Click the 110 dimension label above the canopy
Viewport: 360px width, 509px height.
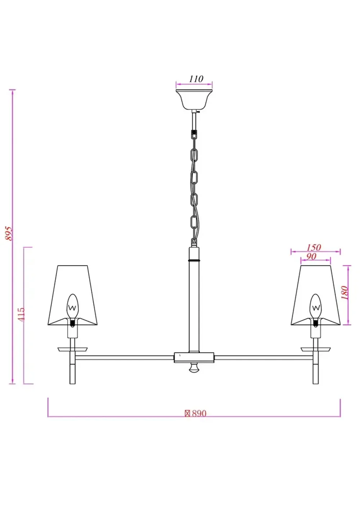click(x=196, y=78)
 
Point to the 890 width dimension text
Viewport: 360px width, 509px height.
click(x=199, y=414)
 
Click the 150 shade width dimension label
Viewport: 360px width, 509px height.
click(x=314, y=247)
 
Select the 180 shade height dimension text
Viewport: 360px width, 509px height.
click(x=345, y=293)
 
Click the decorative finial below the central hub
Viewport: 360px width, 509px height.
click(x=194, y=368)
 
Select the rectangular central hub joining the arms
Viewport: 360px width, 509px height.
click(x=194, y=357)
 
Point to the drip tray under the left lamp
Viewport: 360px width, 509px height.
click(x=73, y=349)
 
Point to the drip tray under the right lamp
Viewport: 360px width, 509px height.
click(x=316, y=349)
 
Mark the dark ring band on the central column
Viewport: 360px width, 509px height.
click(x=194, y=260)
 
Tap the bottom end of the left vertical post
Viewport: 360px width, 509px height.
click(x=73, y=382)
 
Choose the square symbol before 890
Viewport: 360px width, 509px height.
click(x=187, y=414)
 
